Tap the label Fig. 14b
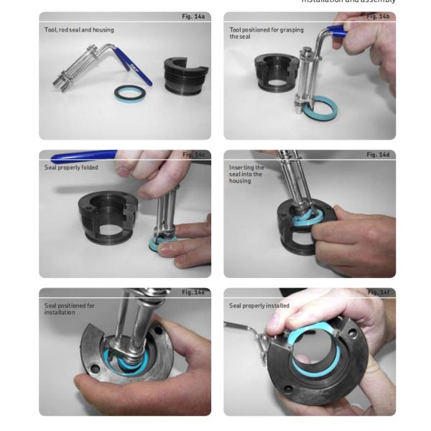tap(378, 16)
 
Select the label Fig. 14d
tap(378, 154)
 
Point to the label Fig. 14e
tap(193, 292)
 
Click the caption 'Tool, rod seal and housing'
tap(79, 30)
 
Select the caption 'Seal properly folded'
tap(71, 167)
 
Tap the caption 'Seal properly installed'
tap(259, 305)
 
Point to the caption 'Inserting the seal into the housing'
tap(246, 175)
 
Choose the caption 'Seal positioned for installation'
tap(70, 309)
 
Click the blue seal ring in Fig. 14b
tap(320, 108)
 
